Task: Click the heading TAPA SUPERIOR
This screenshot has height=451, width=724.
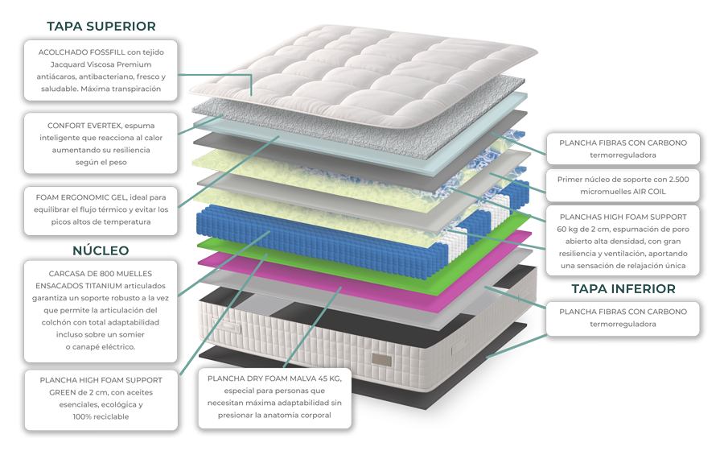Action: [x=101, y=27]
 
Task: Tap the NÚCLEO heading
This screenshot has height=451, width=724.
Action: [x=101, y=250]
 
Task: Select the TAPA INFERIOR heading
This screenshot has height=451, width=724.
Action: [x=623, y=289]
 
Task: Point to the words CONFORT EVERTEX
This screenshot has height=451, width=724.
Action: [x=84, y=126]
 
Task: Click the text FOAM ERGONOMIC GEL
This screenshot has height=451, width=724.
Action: [x=80, y=197]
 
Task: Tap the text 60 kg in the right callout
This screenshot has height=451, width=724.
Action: [x=567, y=230]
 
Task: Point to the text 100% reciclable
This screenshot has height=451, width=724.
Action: [x=101, y=417]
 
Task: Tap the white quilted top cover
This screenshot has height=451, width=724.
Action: [x=364, y=74]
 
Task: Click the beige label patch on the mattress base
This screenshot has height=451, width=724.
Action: [x=382, y=360]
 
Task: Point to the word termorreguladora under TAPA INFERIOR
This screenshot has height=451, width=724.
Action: [x=623, y=324]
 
